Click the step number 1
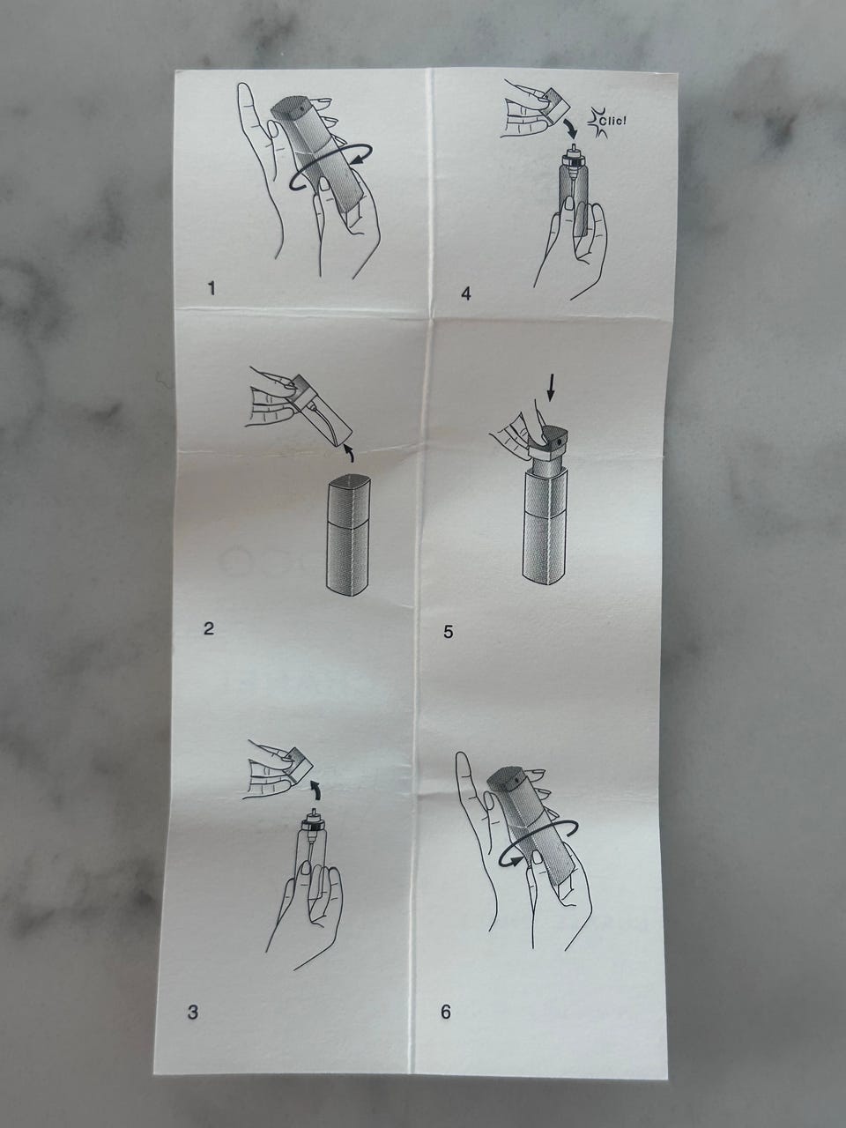tap(211, 289)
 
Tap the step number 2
tap(209, 628)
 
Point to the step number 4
tap(466, 294)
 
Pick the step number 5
tap(449, 632)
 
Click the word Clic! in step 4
tap(612, 122)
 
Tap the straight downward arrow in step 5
tap(551, 388)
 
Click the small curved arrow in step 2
tap(349, 454)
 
